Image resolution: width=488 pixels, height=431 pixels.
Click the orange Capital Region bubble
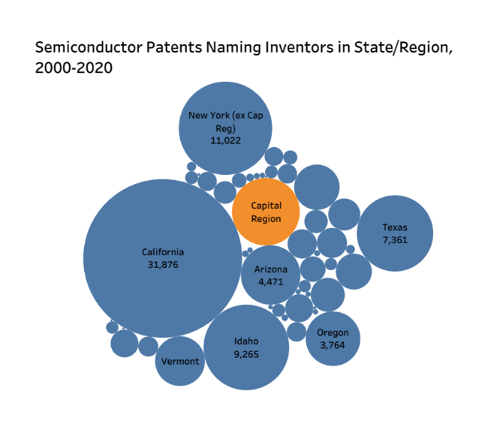coord(266,212)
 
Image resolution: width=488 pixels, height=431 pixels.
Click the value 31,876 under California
coord(162,265)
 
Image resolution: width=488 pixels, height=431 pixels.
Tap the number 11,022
coord(225,140)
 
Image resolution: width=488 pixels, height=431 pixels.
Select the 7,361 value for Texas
coord(395,240)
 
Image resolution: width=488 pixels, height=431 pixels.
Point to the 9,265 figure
coord(246,353)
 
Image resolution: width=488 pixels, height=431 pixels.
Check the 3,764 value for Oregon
coord(333,345)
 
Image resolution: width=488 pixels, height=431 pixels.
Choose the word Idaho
coord(246,341)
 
